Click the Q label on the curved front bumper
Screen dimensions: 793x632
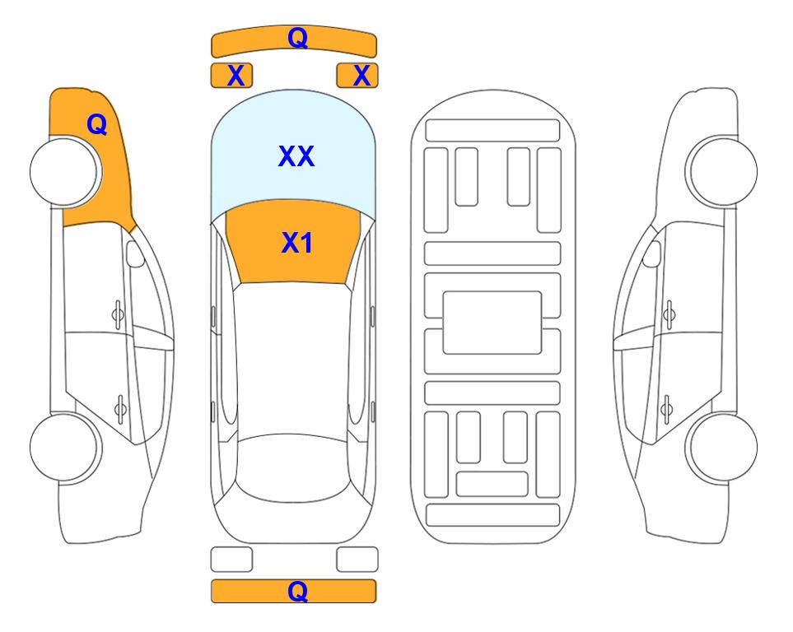[x=297, y=38]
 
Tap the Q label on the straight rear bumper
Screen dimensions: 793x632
[x=297, y=591]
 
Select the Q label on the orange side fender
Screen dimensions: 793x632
[x=97, y=124]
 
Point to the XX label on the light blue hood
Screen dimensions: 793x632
[x=296, y=156]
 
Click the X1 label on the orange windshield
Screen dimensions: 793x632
[x=297, y=243]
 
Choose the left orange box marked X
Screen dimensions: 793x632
[x=231, y=76]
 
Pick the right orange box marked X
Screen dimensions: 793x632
[x=357, y=76]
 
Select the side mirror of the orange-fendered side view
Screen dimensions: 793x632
[x=135, y=253]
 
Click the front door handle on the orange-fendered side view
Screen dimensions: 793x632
[x=118, y=315]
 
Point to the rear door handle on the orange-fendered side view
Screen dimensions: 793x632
[x=120, y=408]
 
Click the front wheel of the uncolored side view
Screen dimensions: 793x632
[x=721, y=171]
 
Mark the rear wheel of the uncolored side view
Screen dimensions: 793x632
[x=721, y=447]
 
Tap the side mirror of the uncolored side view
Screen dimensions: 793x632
[x=652, y=253]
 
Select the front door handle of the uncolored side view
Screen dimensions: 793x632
[x=669, y=315]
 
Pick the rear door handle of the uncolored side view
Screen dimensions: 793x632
[x=666, y=408]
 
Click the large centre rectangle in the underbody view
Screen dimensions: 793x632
[x=492, y=323]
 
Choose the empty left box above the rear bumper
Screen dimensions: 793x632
[x=231, y=560]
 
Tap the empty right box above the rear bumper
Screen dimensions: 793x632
[x=357, y=560]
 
